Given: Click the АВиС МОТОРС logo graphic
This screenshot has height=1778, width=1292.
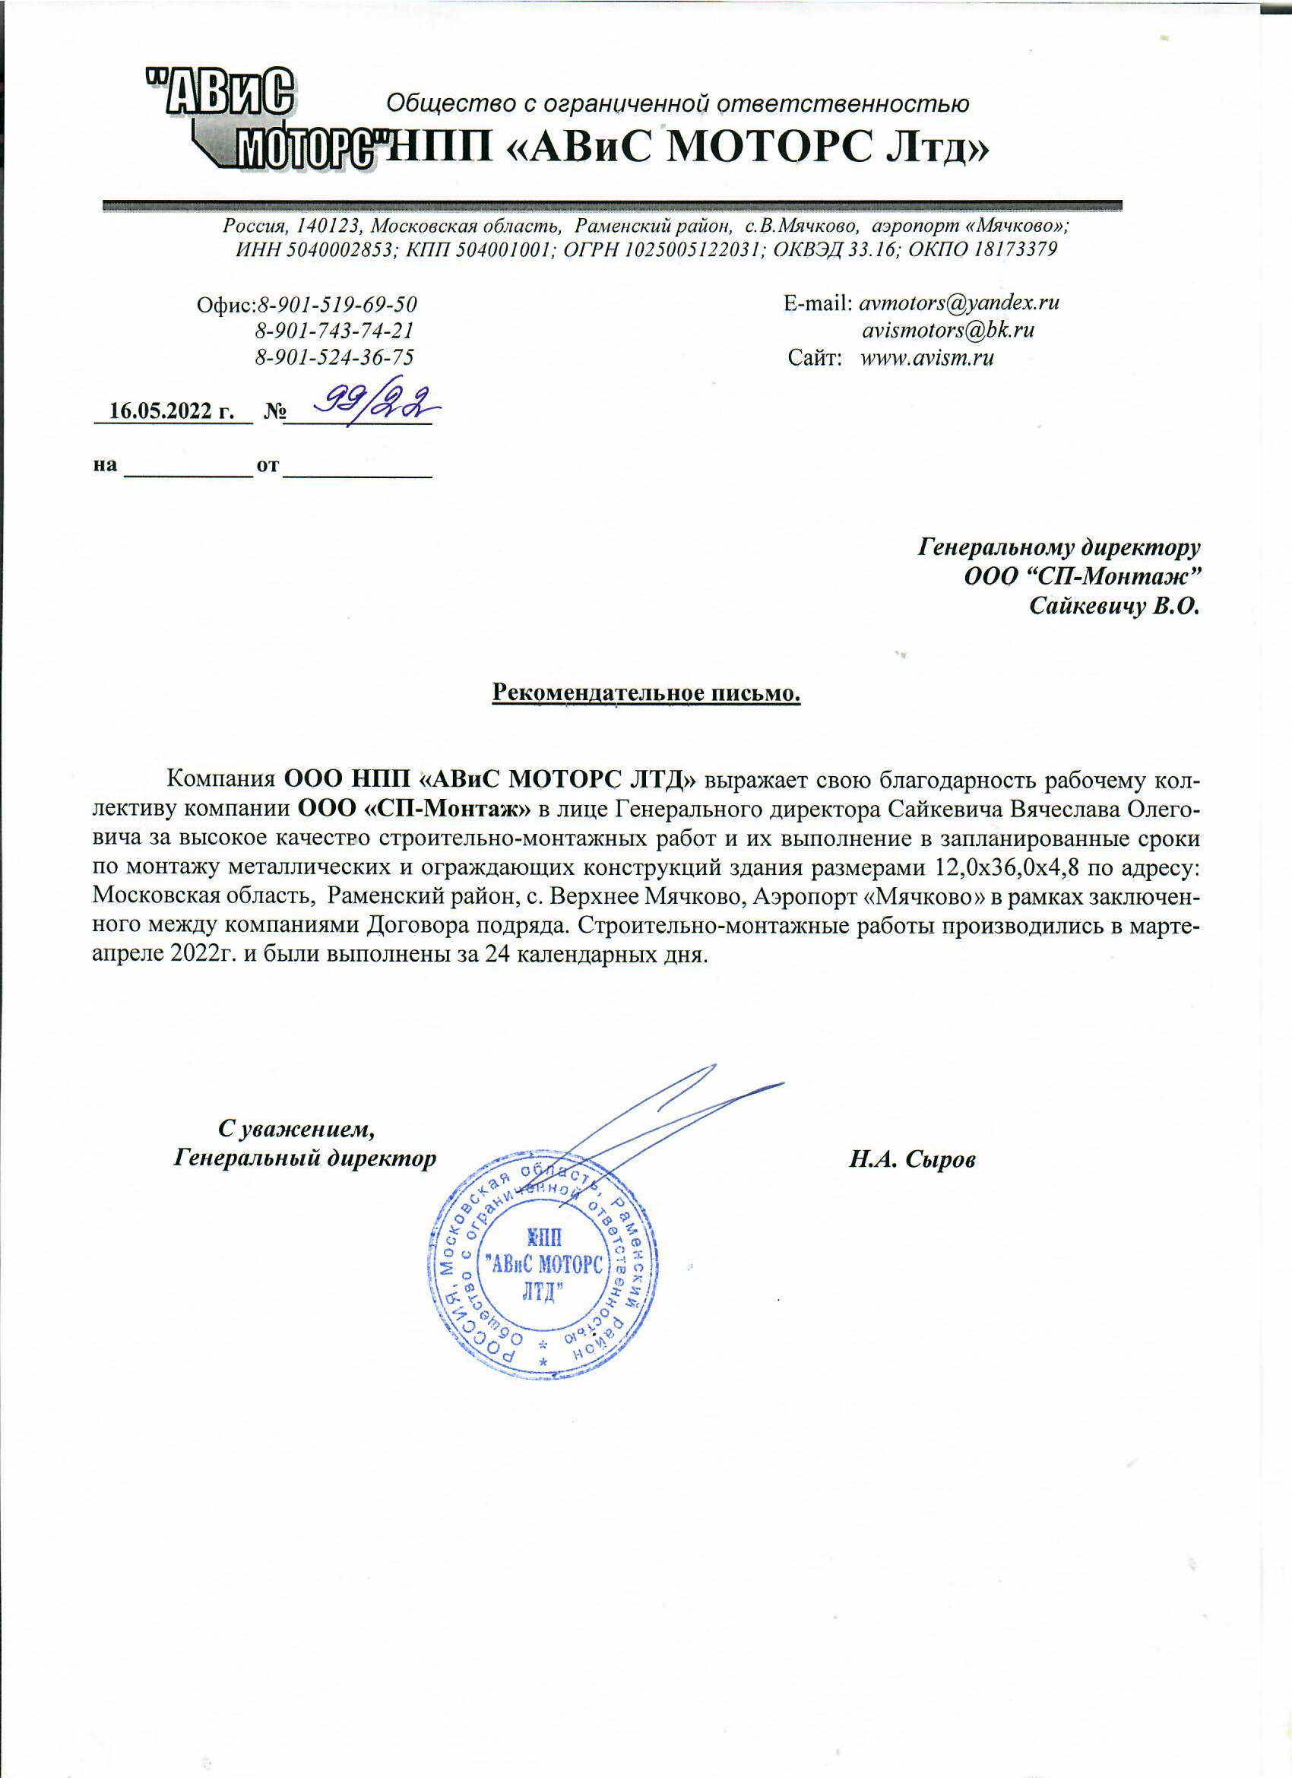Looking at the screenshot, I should tap(258, 118).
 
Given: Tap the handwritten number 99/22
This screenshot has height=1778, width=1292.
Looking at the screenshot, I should tap(374, 404).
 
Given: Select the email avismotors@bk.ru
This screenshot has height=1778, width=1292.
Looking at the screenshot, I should tap(948, 330).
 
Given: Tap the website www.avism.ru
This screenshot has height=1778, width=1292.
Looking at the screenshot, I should tap(926, 358).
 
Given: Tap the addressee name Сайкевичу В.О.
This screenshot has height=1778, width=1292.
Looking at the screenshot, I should tap(1114, 606).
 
